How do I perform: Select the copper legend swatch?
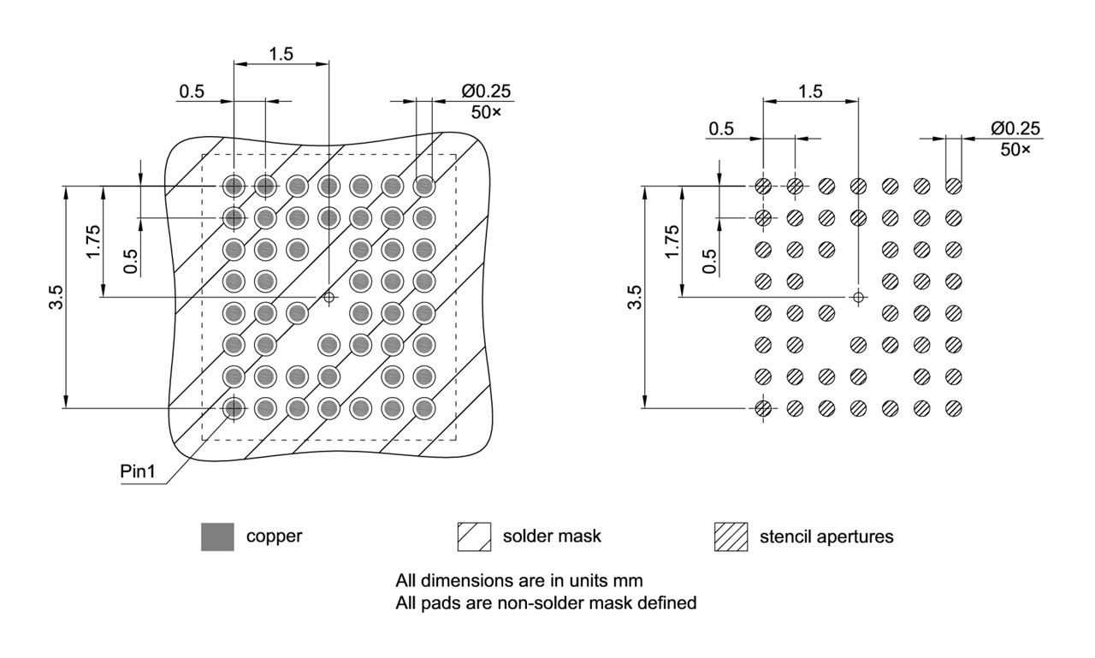(217, 536)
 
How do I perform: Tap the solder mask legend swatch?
(474, 536)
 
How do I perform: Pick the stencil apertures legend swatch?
(731, 536)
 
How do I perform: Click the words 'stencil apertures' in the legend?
(826, 537)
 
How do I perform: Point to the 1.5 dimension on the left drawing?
(281, 53)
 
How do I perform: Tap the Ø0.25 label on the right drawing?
(1015, 128)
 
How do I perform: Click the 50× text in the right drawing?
(1015, 148)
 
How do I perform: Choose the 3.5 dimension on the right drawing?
(634, 298)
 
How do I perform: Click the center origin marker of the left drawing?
(328, 297)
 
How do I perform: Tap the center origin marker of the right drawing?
(858, 297)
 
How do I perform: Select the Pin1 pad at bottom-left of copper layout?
(233, 408)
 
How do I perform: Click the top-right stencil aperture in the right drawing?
(953, 186)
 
